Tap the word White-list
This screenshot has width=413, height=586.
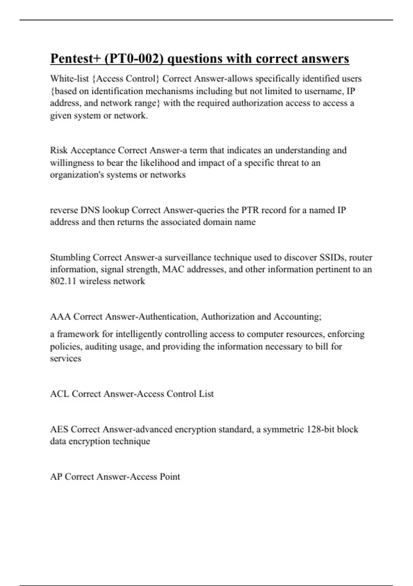[x=69, y=79]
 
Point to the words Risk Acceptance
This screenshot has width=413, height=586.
[x=83, y=150]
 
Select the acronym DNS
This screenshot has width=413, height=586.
[x=90, y=210]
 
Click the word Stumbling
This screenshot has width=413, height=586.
[x=70, y=257]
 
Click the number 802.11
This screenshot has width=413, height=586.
[x=63, y=281]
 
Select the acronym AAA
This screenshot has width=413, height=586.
[x=60, y=317]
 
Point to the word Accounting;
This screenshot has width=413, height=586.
[x=298, y=317]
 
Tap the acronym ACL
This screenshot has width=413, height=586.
[x=60, y=394]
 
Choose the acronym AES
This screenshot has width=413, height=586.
[x=59, y=430]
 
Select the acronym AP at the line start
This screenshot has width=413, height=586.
[x=56, y=477]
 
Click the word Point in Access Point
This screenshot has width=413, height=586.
[x=170, y=477]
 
